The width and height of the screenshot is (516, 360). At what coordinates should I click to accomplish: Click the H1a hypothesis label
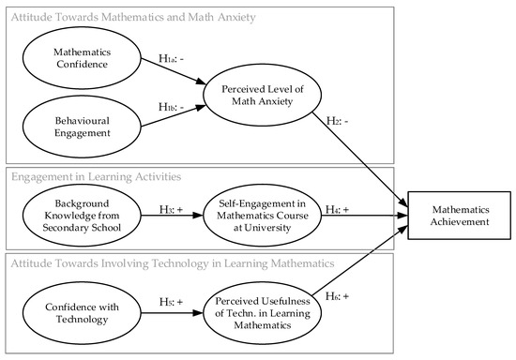(170, 58)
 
